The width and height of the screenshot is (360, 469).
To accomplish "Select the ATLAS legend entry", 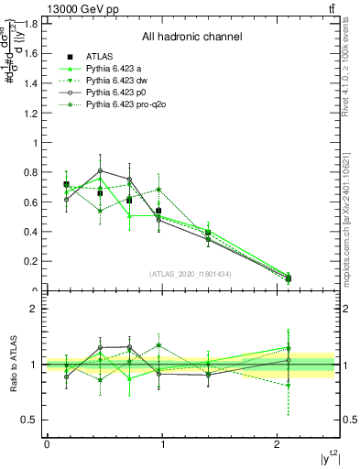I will pos(100,57).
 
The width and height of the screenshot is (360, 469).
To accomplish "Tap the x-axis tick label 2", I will pos(278,444).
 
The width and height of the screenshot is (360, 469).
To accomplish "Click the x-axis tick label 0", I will pos(47,444).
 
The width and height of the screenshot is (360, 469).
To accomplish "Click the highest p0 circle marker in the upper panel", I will pos(100,170).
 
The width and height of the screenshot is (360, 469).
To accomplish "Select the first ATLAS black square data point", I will pos(66,184).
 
